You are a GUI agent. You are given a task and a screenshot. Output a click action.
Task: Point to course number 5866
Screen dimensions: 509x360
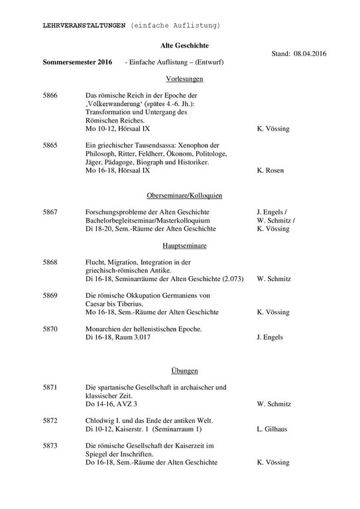50,96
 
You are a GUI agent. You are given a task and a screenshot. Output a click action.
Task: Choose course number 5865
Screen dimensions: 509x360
50,144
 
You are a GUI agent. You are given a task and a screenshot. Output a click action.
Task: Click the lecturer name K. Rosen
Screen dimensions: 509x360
270,170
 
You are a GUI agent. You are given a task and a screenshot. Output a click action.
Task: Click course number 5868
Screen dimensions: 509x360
50,262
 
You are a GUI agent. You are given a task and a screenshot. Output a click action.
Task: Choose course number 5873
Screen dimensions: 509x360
50,446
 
